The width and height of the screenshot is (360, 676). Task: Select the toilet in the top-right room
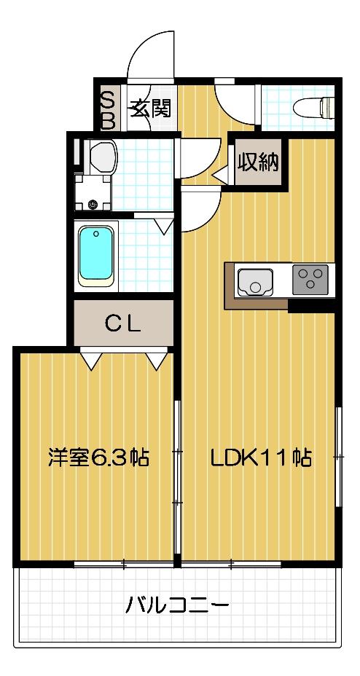tap(313, 107)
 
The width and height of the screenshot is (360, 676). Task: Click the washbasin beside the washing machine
tap(102, 154)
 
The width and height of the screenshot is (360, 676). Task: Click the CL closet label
tap(122, 324)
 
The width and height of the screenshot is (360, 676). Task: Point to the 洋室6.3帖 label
tap(98, 457)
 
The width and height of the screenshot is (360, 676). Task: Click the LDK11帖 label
tap(261, 457)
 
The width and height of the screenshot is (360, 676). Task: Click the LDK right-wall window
tap(339, 456)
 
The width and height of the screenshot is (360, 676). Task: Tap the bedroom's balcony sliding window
tap(124, 564)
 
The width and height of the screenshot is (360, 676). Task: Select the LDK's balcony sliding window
tap(231, 564)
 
